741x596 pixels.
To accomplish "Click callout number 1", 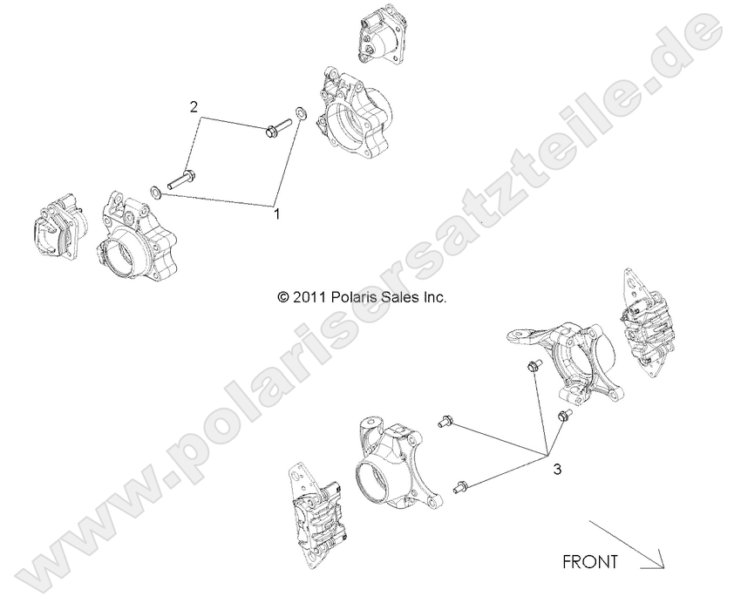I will click(x=277, y=212).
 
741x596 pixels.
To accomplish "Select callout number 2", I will click(x=195, y=107).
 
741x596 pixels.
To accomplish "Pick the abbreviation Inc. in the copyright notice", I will click(x=436, y=297).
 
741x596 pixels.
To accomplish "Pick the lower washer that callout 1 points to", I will click(x=153, y=191).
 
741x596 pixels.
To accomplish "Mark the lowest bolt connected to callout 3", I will click(x=461, y=486).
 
